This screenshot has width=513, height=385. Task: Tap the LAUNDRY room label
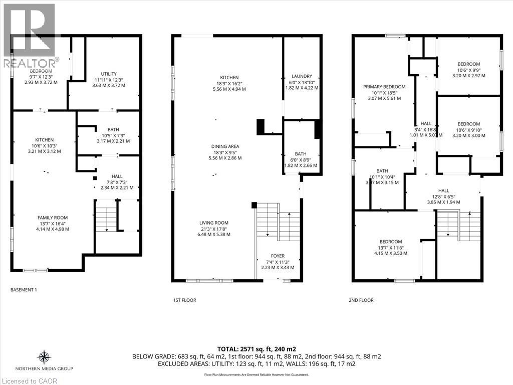pyautogui.click(x=302, y=76)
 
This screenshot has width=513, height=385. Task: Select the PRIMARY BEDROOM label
pyautogui.click(x=384, y=87)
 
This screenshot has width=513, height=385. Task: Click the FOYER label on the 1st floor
pyautogui.click(x=278, y=256)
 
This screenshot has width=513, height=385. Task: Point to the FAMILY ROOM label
pyautogui.click(x=53, y=218)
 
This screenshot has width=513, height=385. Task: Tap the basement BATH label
pyautogui.click(x=113, y=129)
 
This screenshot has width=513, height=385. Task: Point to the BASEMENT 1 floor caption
pyautogui.click(x=24, y=290)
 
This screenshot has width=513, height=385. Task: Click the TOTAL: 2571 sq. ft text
pyautogui.click(x=256, y=348)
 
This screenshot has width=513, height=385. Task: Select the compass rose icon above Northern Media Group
pyautogui.click(x=44, y=357)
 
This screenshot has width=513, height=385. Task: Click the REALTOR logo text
pyautogui.click(x=29, y=63)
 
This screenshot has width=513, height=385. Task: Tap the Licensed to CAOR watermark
pyautogui.click(x=29, y=380)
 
